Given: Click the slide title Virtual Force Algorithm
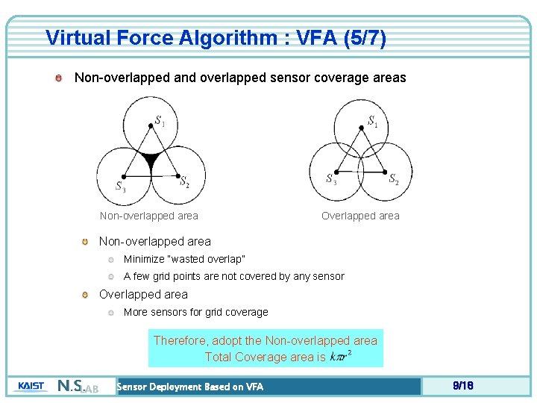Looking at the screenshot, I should pos(216,38).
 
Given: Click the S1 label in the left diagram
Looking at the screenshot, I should pos(160,120).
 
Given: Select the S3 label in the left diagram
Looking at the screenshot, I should pos(119,186).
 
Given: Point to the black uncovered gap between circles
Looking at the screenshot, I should pos(151,159).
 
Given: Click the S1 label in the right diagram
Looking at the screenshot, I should pos(372,121).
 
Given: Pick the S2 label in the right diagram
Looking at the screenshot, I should pos(394,179).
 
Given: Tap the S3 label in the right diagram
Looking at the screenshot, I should pos(331,179).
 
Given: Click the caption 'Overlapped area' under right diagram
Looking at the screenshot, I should pos(360,216).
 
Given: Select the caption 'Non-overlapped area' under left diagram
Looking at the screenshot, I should pos(149,216).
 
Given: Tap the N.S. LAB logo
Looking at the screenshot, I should pos(78,387).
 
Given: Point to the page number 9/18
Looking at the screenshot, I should pos(463,386).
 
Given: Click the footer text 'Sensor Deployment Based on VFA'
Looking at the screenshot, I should pos(190,387).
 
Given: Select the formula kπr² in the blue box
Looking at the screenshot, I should pos(340,356).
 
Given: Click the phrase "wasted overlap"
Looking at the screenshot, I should pos(208,259).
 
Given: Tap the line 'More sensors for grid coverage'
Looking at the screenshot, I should pos(195,312).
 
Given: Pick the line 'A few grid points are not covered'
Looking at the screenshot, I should pos(233,276).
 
